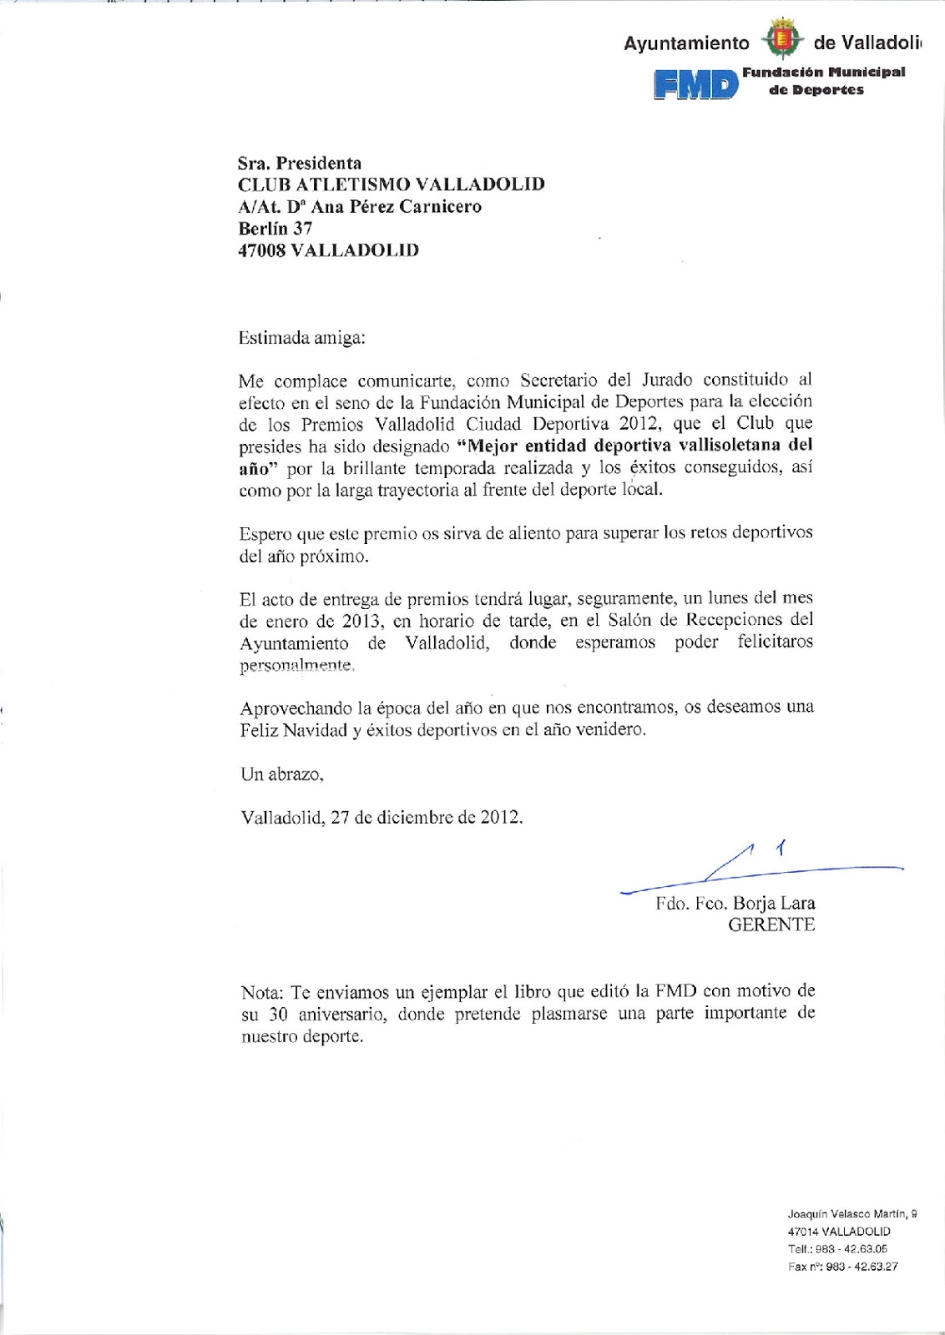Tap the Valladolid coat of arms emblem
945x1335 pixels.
(781, 40)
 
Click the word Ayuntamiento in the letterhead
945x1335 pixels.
(686, 43)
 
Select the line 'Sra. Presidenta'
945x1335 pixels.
(300, 164)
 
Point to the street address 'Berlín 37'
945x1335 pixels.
(275, 229)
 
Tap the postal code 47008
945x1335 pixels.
(261, 250)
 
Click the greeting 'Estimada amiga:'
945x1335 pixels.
(302, 338)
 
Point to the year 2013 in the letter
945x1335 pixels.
(362, 621)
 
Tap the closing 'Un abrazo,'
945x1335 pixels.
(282, 774)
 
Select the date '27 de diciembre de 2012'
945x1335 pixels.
(425, 818)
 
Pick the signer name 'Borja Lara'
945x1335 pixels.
(774, 904)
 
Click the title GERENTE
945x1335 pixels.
(771, 925)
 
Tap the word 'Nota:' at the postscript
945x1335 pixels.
(263, 993)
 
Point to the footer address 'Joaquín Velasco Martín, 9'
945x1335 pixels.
(852, 1215)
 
